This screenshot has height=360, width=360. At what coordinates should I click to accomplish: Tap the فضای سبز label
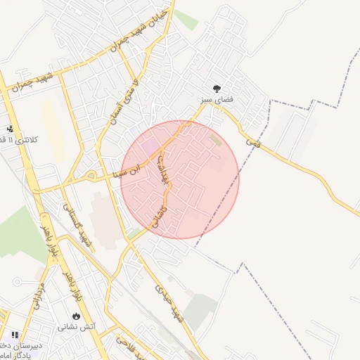pos(216,101)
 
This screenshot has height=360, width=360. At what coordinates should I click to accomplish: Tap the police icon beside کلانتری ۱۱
pos(10,129)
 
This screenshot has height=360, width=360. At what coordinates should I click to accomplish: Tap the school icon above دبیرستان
pos(15,335)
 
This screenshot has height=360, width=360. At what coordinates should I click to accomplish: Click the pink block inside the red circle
pos(150,147)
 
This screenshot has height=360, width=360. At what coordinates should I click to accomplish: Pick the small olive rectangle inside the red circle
pos(214,141)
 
